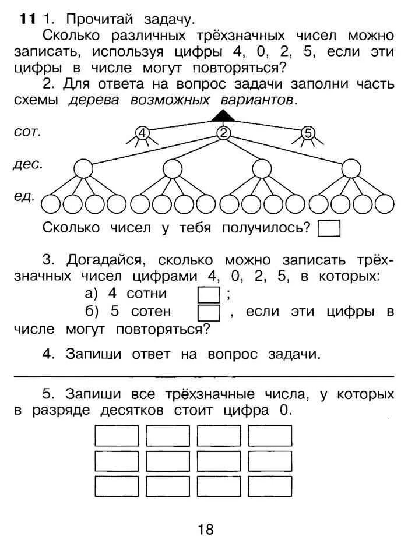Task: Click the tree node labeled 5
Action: (308, 133)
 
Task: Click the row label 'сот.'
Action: (27, 132)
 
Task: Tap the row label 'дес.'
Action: (27, 165)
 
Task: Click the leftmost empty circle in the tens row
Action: (83, 169)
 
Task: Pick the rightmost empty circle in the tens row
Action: (351, 169)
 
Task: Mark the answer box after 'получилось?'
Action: (329, 228)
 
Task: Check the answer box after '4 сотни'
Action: (209, 294)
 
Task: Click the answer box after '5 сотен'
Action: (209, 313)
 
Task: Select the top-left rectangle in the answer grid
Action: (117, 436)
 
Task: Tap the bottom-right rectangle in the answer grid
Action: (270, 486)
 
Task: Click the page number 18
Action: (206, 529)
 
